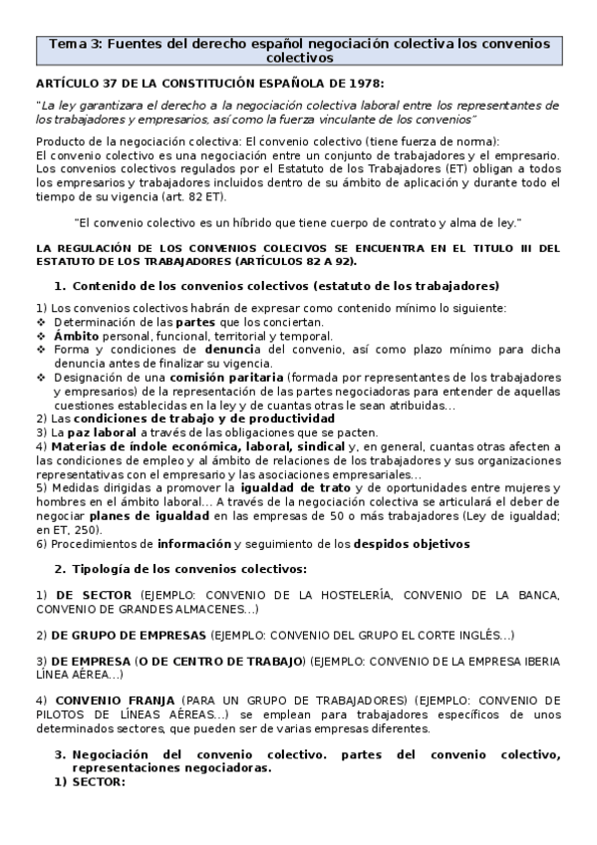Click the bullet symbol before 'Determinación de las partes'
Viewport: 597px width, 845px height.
pyautogui.click(x=41, y=323)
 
